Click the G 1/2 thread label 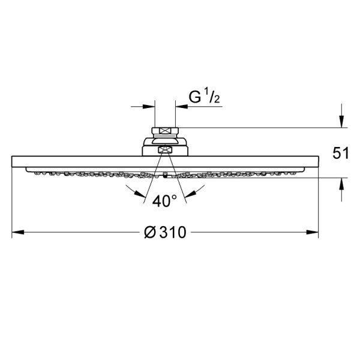204,97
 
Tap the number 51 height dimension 341,153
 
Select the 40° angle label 164,201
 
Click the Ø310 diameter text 165,232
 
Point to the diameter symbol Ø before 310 150,232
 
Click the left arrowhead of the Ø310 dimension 18,232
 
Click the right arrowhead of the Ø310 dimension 312,232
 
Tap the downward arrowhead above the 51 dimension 341,121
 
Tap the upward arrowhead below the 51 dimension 341,184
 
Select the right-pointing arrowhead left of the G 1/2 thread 149,107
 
